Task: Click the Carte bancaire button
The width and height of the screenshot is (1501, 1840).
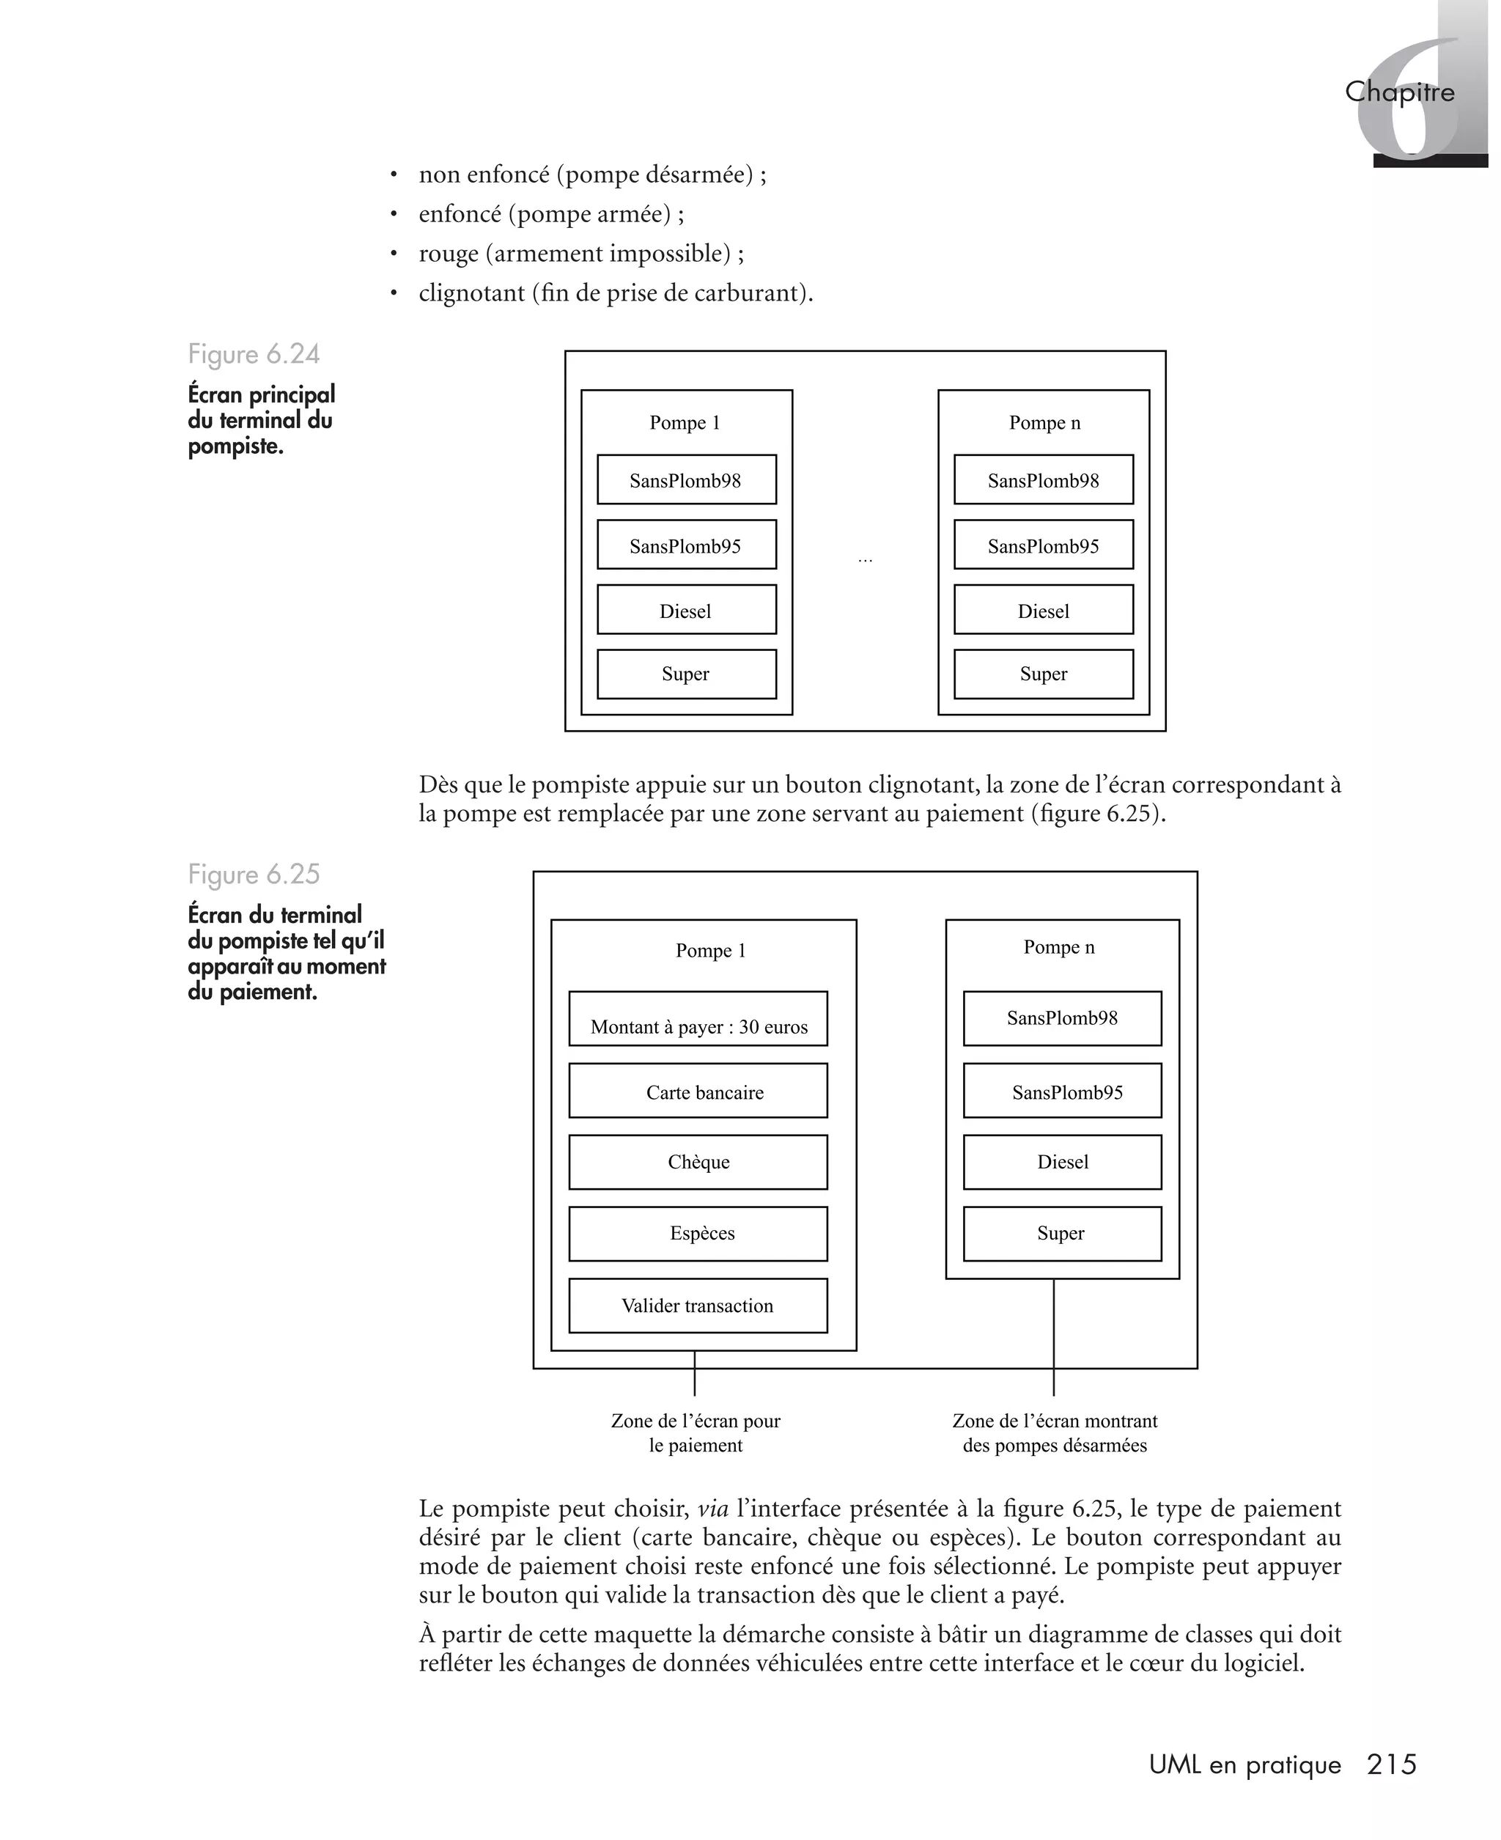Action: coord(698,1092)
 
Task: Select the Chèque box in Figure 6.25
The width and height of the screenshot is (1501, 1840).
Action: coord(698,1162)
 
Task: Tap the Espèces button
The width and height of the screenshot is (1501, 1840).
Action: coord(698,1233)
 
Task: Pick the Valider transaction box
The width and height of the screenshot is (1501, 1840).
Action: coord(698,1306)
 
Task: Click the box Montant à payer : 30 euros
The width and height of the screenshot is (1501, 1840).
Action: coord(698,1020)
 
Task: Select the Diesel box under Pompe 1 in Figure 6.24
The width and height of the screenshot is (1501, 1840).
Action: coord(687,611)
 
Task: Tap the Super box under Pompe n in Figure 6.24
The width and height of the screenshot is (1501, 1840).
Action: coord(1044,674)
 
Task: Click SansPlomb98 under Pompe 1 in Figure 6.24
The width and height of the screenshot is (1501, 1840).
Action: coord(687,480)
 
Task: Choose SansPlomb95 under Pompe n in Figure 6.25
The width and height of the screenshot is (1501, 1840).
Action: coord(1063,1092)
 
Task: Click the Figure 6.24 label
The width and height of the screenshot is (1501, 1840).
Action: coord(254,355)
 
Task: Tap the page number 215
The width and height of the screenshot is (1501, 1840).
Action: coord(1391,1764)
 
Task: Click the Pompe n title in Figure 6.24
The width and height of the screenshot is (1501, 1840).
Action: coord(1044,423)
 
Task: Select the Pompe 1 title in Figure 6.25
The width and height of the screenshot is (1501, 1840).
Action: coord(711,950)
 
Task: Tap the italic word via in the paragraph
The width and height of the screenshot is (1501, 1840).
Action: coord(713,1509)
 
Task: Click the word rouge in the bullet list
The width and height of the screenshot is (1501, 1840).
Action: coord(448,254)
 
